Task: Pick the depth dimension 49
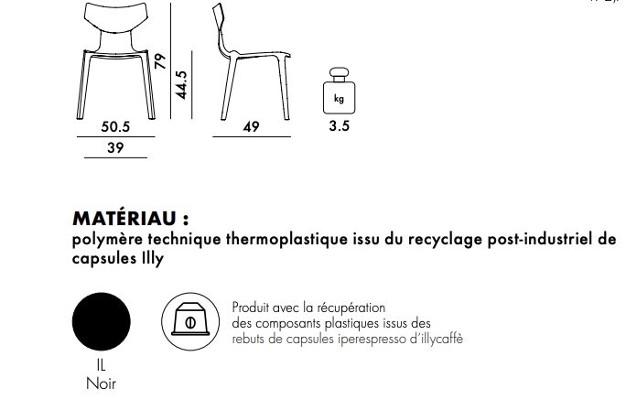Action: click(x=252, y=128)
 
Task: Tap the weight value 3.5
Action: click(x=339, y=127)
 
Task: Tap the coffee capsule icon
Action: click(x=189, y=321)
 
